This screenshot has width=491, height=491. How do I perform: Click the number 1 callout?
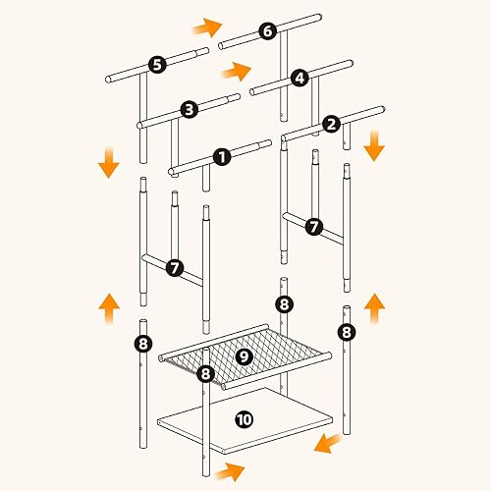click(x=222, y=157)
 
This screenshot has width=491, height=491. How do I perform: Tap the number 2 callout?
click(x=331, y=125)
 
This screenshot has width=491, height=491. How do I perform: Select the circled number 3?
click(x=190, y=110)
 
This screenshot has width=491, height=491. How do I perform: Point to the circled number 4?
click(x=300, y=79)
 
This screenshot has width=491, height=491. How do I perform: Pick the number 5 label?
click(x=157, y=65)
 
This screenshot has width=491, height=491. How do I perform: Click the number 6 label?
click(x=268, y=31)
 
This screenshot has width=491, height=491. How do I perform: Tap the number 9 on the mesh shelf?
click(x=244, y=356)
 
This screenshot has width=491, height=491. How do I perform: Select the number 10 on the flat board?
click(x=245, y=419)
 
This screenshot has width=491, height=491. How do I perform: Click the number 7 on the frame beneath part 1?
click(x=175, y=268)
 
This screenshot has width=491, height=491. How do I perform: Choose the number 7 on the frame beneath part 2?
click(x=314, y=227)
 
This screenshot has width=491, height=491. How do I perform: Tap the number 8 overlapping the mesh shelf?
click(x=205, y=373)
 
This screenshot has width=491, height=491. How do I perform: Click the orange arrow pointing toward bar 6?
click(x=207, y=27)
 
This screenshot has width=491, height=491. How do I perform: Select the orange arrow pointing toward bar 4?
click(x=237, y=71)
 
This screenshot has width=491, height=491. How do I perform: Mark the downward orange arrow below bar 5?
click(x=109, y=163)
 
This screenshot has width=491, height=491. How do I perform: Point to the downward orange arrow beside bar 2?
click(x=374, y=146)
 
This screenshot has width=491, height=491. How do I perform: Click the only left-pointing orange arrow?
click(x=328, y=443)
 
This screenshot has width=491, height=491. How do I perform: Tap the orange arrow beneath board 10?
click(x=230, y=471)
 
